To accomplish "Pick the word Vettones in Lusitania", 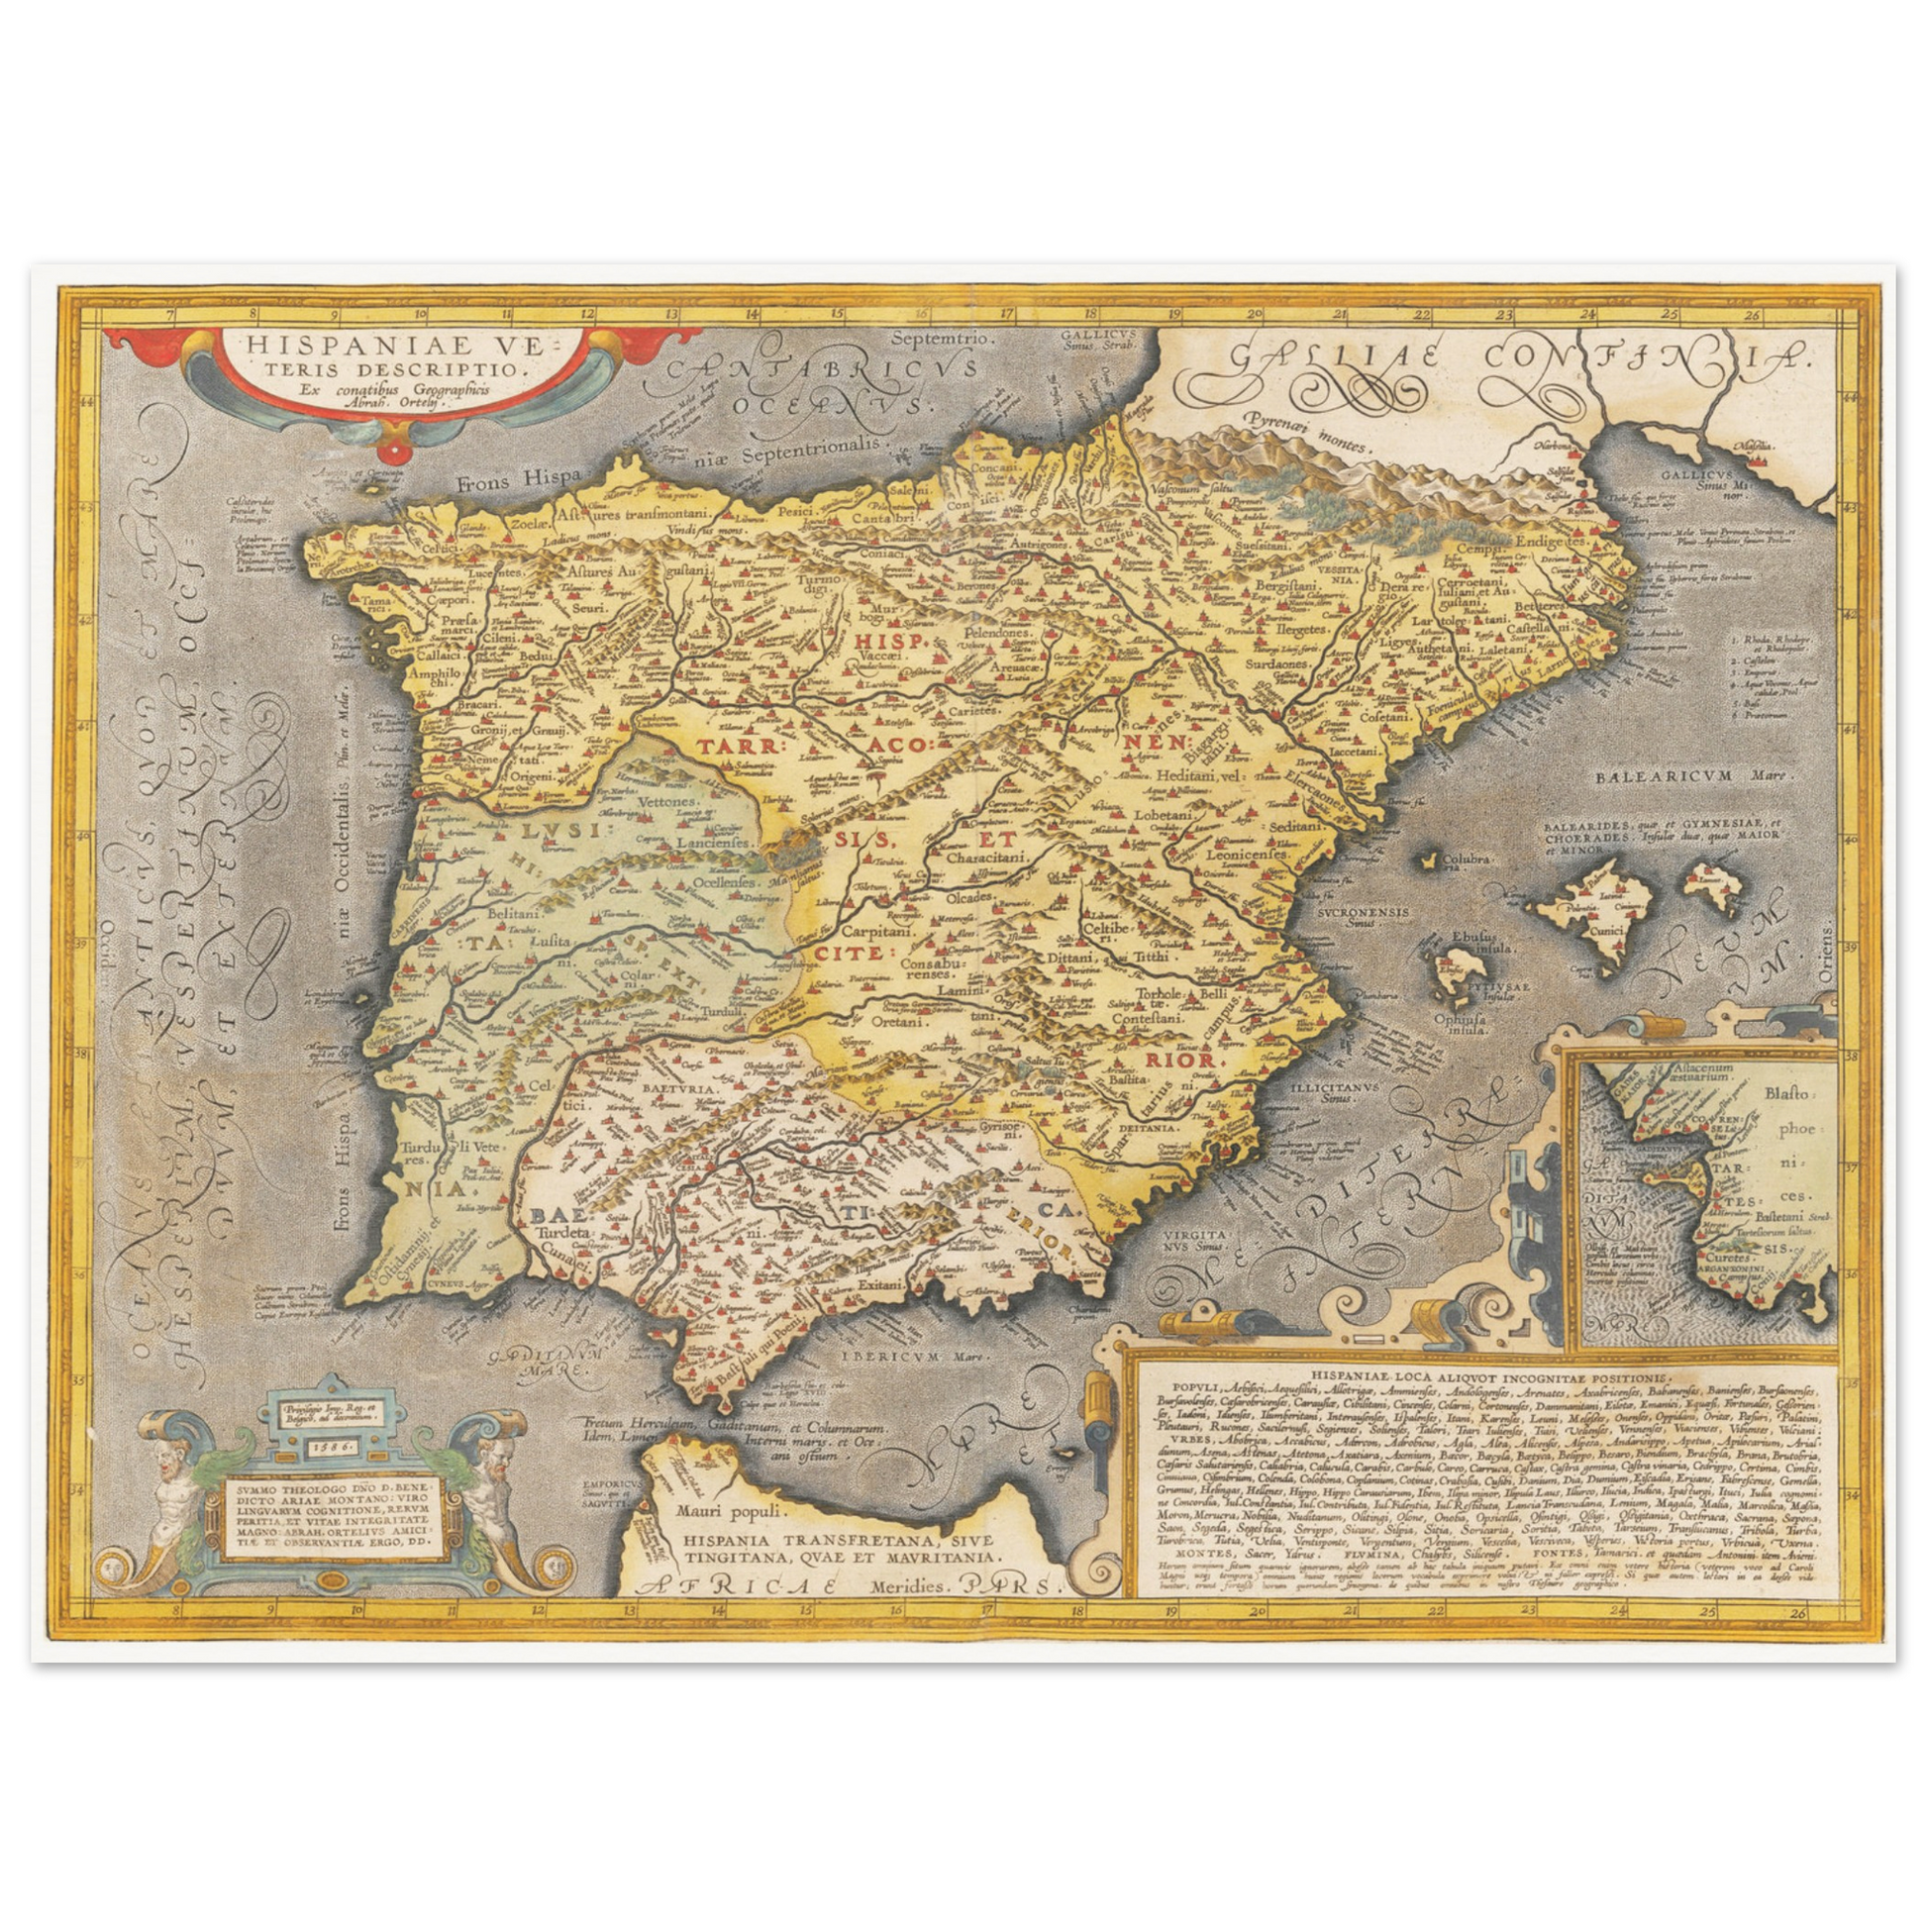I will click(x=650, y=801).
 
